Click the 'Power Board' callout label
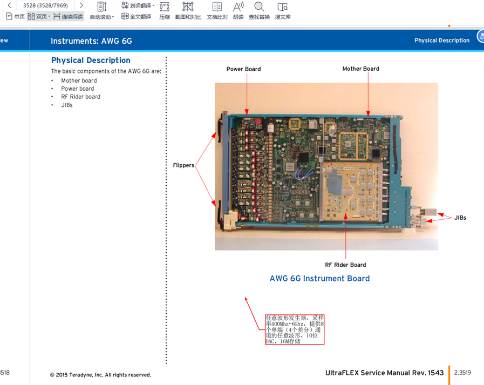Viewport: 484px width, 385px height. coord(243,69)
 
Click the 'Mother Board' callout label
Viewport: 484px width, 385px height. coord(360,69)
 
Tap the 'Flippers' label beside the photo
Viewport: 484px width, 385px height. coord(183,165)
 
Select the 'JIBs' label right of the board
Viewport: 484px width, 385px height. coord(460,218)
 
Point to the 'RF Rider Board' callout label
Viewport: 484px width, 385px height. coord(345,265)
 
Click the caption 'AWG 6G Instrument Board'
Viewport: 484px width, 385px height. coord(319,279)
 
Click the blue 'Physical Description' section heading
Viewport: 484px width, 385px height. coord(91,60)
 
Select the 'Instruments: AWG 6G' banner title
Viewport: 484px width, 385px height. coord(91,41)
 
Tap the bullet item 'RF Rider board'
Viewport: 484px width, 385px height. coord(80,97)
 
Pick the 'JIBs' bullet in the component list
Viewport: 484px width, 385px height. coord(67,105)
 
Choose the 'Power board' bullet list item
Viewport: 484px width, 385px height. coord(77,89)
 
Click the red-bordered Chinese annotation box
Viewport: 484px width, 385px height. coord(294,329)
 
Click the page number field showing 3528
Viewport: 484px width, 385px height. coord(45,5)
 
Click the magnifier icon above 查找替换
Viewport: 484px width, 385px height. coord(259,7)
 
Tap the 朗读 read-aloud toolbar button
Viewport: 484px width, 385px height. coord(238,11)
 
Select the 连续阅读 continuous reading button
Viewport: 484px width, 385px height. coord(69,17)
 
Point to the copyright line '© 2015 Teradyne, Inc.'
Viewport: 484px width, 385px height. coord(100,375)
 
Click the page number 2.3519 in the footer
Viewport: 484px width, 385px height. coord(462,373)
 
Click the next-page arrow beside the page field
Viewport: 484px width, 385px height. coord(81,5)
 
